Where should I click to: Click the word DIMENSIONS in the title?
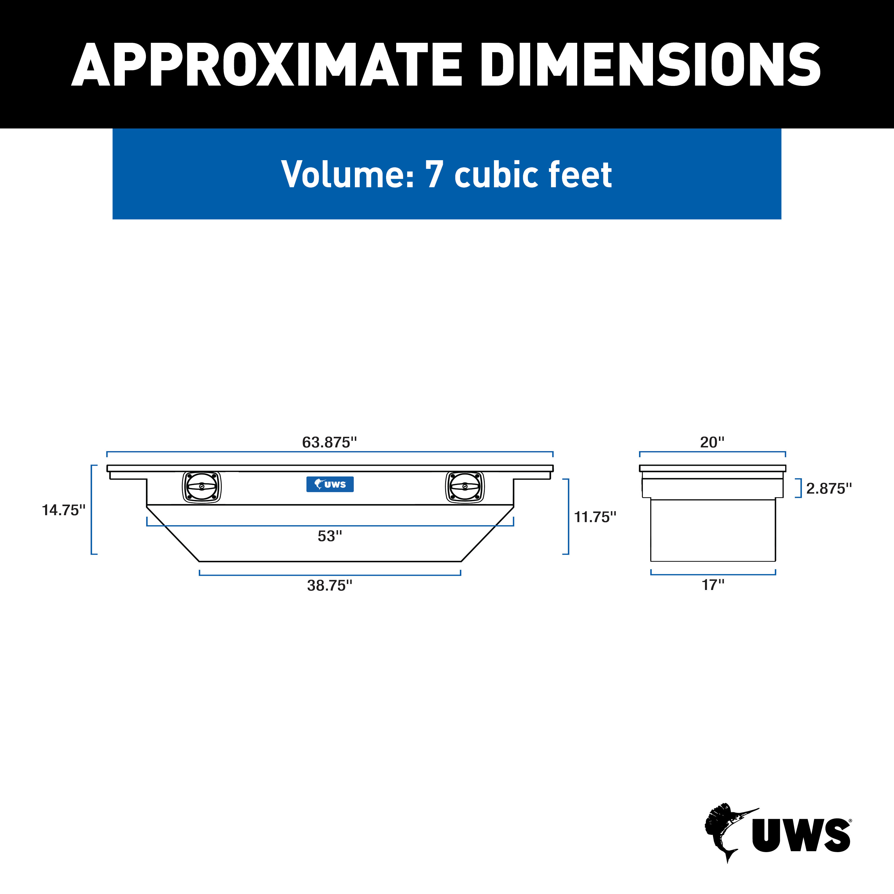[650, 65]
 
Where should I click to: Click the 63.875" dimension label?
[330, 442]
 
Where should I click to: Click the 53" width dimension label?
[330, 536]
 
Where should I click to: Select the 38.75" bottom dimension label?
[330, 585]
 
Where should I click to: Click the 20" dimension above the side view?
[712, 442]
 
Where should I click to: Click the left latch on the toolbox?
[202, 487]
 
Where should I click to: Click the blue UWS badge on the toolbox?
[330, 484]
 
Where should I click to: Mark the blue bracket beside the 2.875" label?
[798, 488]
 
